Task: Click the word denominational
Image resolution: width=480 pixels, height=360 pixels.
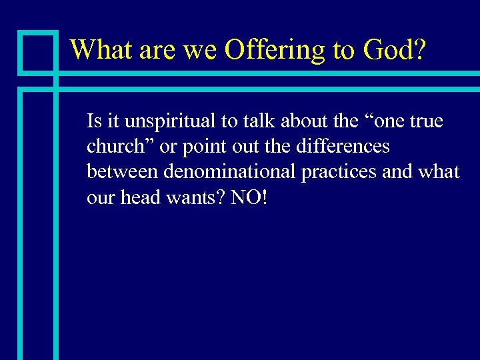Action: click(231, 172)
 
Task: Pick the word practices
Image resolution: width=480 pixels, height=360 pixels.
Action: click(340, 172)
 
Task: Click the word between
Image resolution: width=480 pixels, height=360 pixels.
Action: click(123, 172)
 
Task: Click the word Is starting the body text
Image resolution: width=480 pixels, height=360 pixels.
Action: click(93, 121)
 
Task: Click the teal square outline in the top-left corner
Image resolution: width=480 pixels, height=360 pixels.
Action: click(37, 51)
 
